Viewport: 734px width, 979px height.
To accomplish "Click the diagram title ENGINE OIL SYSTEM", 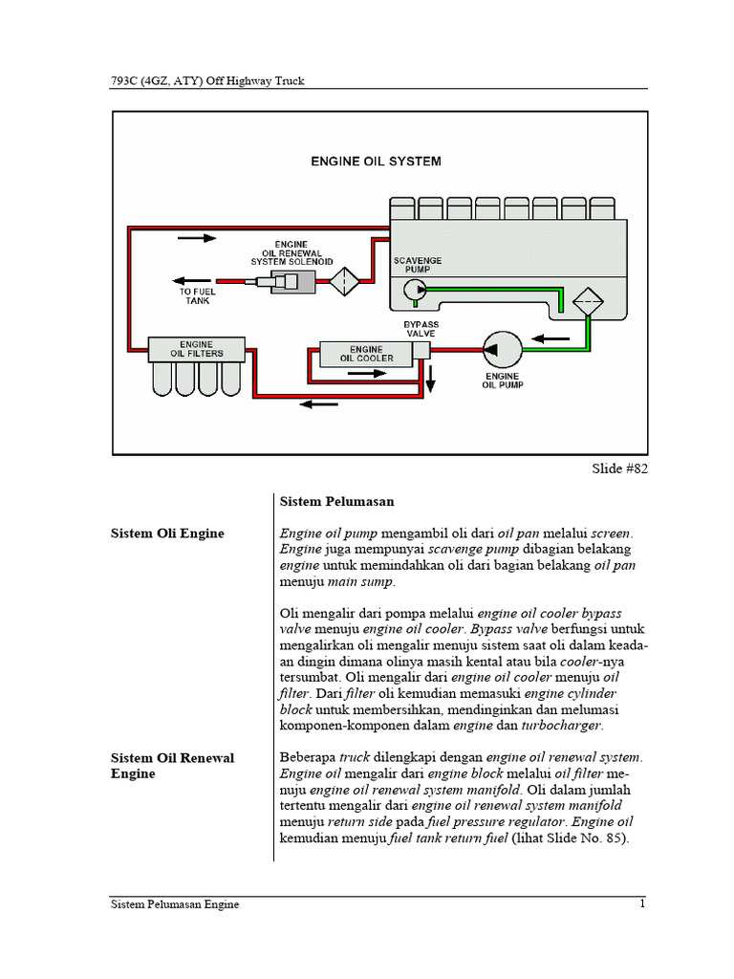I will pyautogui.click(x=376, y=162).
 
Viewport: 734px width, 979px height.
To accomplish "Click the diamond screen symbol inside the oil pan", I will pyautogui.click(x=587, y=304).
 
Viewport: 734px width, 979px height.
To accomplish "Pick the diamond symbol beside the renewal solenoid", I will pyautogui.click(x=344, y=281).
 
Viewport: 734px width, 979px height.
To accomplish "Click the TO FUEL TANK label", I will pyautogui.click(x=197, y=294).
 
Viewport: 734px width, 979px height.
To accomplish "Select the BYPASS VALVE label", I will pyautogui.click(x=421, y=330).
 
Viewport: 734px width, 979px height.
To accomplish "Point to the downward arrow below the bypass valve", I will pyautogui.click(x=430, y=379).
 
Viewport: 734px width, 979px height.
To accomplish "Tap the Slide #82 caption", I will pyautogui.click(x=620, y=468).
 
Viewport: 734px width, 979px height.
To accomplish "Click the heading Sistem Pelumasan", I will pyautogui.click(x=336, y=501).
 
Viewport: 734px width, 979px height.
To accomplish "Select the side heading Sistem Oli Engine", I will pyautogui.click(x=167, y=533).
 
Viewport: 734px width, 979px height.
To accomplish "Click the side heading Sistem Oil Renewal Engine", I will pyautogui.click(x=172, y=765).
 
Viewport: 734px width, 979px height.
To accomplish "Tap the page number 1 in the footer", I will pyautogui.click(x=643, y=904).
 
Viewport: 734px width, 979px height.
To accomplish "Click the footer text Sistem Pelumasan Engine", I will pyautogui.click(x=175, y=904).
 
